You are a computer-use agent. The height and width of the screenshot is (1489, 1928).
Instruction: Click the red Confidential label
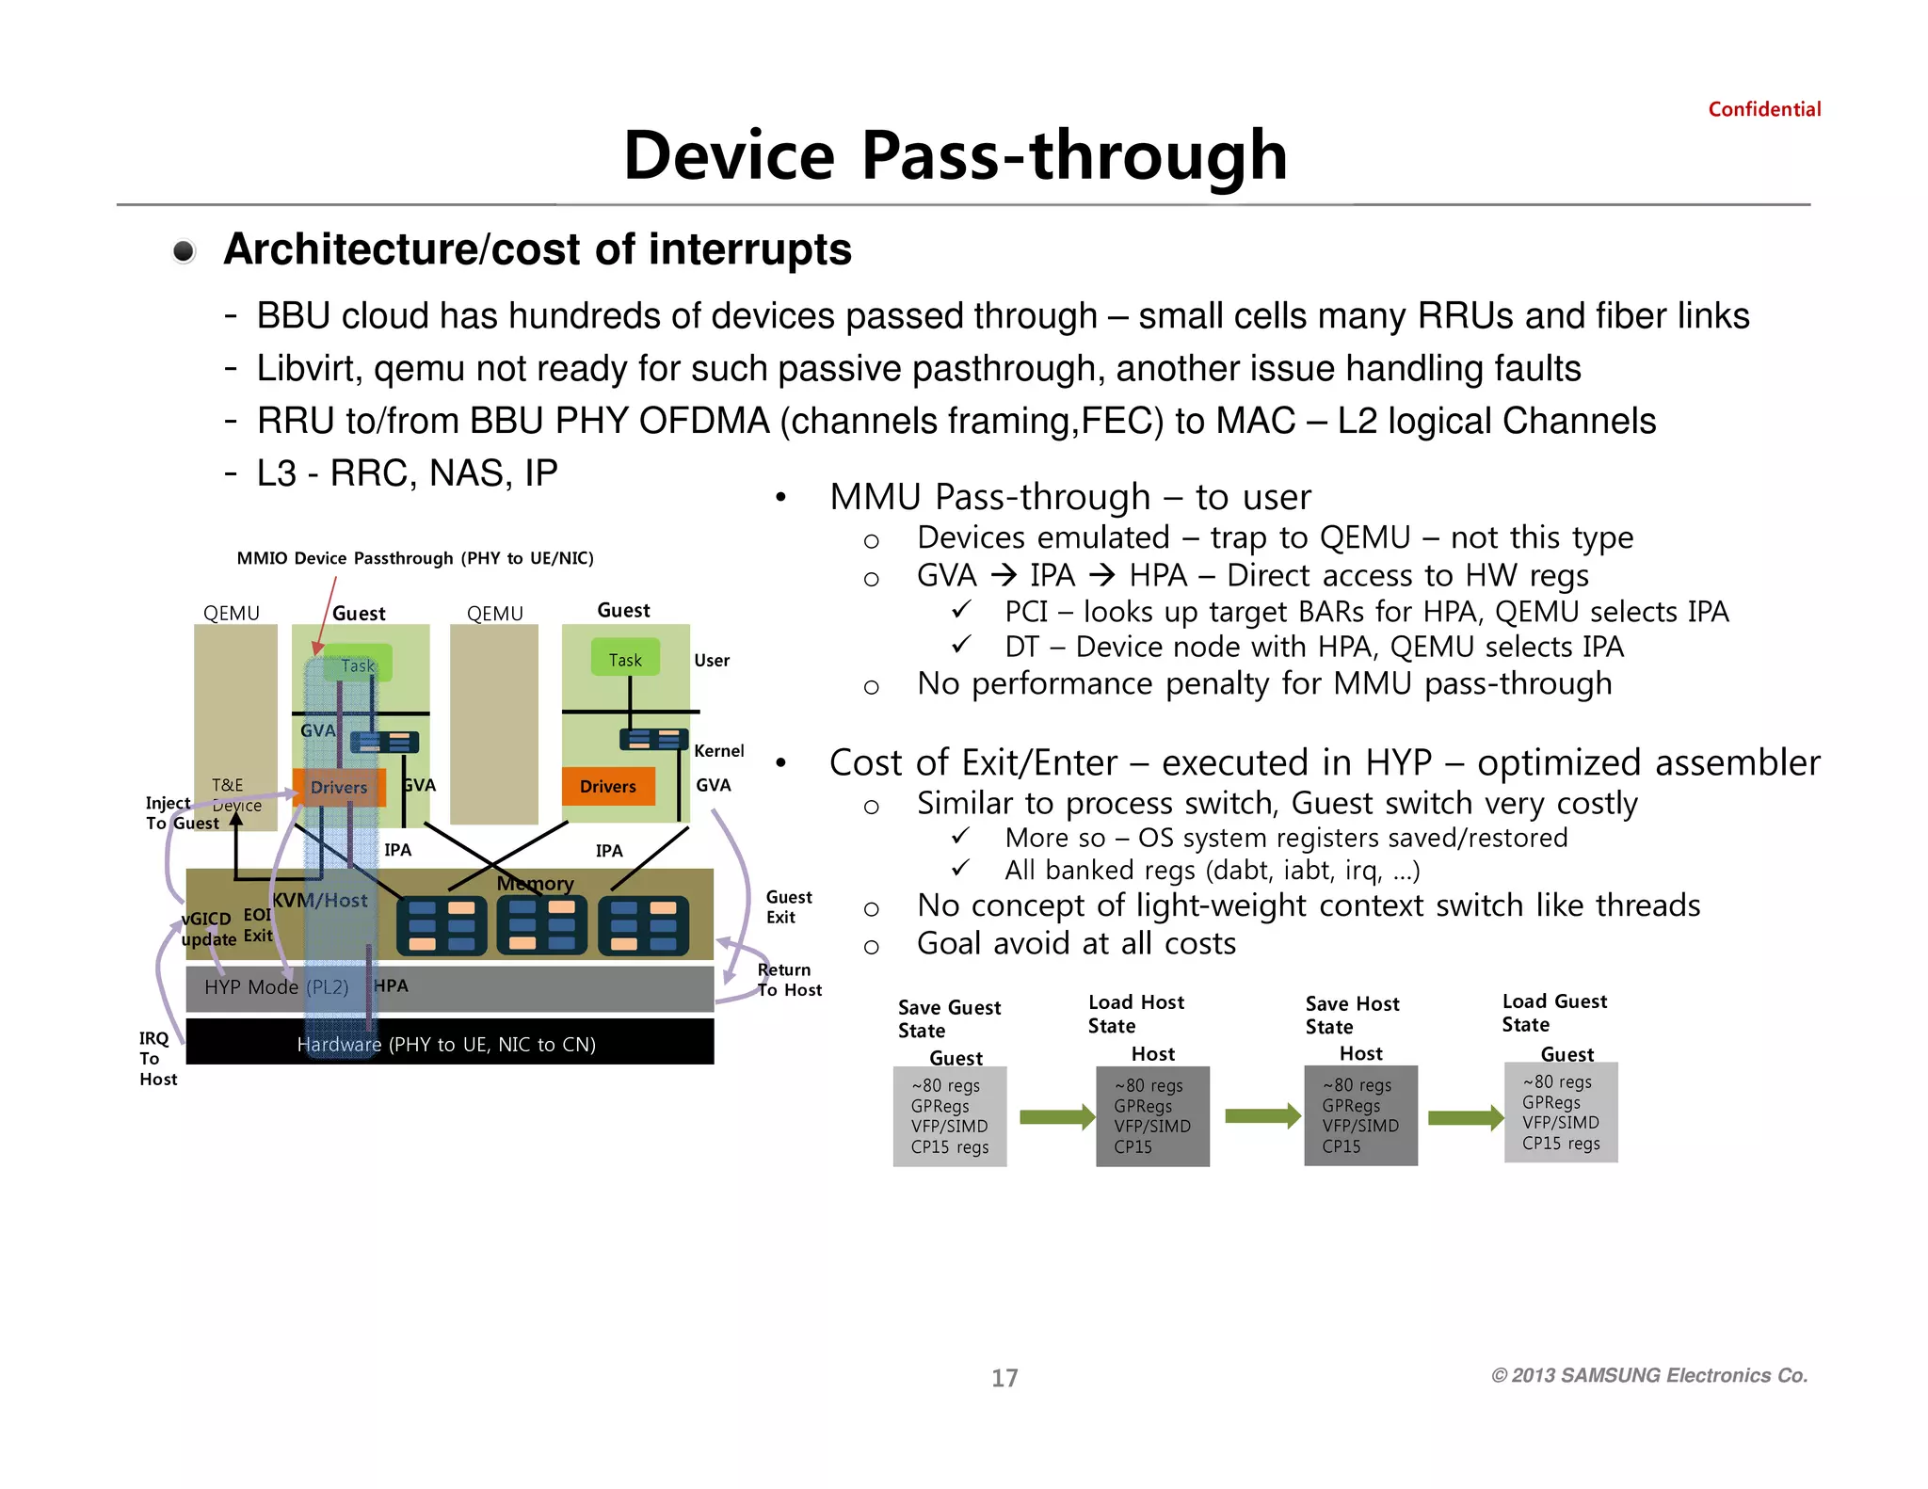[x=1763, y=109]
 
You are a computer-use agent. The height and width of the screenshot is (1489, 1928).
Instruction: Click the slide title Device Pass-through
[x=955, y=155]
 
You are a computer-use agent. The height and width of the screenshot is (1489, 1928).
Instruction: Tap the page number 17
[x=1004, y=1378]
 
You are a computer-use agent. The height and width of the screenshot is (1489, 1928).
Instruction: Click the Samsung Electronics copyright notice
[x=1648, y=1375]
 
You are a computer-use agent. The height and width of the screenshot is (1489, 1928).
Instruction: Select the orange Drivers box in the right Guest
[x=608, y=786]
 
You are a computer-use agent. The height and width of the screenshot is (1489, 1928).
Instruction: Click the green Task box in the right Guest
[x=625, y=659]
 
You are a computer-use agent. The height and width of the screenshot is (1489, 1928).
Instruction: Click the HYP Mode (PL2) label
[x=276, y=987]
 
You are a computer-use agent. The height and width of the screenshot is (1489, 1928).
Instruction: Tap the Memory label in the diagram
[x=535, y=884]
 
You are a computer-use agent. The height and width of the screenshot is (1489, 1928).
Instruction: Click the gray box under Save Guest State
[x=949, y=1116]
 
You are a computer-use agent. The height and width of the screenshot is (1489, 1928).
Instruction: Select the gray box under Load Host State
[x=1152, y=1116]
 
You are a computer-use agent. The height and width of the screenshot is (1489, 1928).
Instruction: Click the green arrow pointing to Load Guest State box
[x=1465, y=1117]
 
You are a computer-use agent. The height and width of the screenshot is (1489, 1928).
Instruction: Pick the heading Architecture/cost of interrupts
[x=537, y=249]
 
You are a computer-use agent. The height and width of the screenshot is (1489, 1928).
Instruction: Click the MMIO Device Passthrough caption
[x=415, y=558]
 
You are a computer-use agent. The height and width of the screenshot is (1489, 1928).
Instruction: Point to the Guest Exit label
[x=788, y=906]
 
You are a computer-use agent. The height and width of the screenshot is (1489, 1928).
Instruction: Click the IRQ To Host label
[x=156, y=1058]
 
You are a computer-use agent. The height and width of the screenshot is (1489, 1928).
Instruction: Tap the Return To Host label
[x=789, y=979]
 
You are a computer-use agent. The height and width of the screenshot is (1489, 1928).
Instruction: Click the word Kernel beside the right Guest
[x=718, y=750]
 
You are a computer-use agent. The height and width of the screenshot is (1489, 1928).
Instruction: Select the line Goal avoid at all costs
[x=1075, y=943]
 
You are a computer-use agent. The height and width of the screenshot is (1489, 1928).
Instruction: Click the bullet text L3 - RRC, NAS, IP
[x=407, y=472]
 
